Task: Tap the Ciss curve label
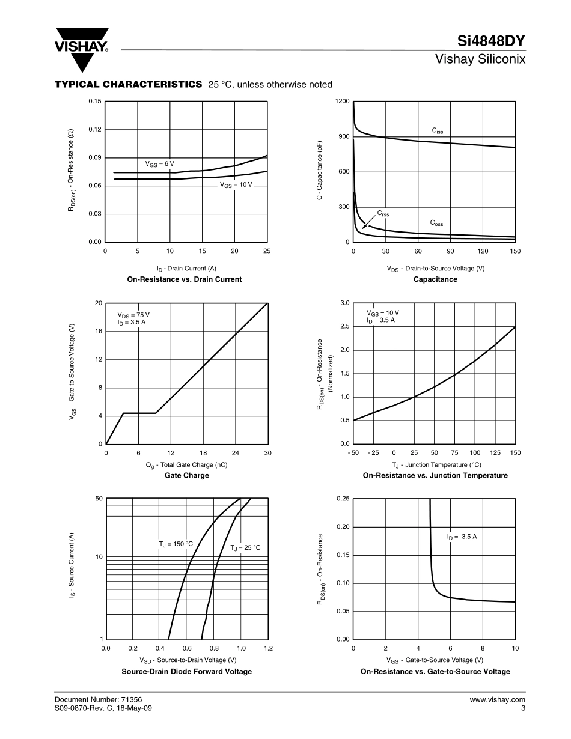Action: pyautogui.click(x=438, y=130)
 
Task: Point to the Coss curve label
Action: pyautogui.click(x=436, y=223)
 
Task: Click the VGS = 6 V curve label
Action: pyautogui.click(x=159, y=163)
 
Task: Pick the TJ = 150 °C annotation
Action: pyautogui.click(x=176, y=544)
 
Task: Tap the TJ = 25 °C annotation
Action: pyautogui.click(x=245, y=547)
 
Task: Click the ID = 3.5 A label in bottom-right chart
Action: pyautogui.click(x=462, y=536)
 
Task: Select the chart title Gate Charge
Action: pyautogui.click(x=187, y=476)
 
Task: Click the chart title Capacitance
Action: pyautogui.click(x=435, y=279)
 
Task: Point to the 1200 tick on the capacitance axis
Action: pyautogui.click(x=343, y=102)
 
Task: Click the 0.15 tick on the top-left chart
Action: pyautogui.click(x=94, y=102)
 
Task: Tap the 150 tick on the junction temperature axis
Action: pyautogui.click(x=515, y=452)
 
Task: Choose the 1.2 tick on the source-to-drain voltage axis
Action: pyautogui.click(x=268, y=648)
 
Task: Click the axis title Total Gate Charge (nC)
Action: pyautogui.click(x=186, y=464)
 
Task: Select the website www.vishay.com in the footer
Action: pyautogui.click(x=497, y=699)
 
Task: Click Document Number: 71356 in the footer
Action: pyautogui.click(x=98, y=699)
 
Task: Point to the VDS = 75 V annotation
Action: pyautogui.click(x=133, y=315)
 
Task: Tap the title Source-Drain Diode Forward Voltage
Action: pyautogui.click(x=187, y=671)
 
